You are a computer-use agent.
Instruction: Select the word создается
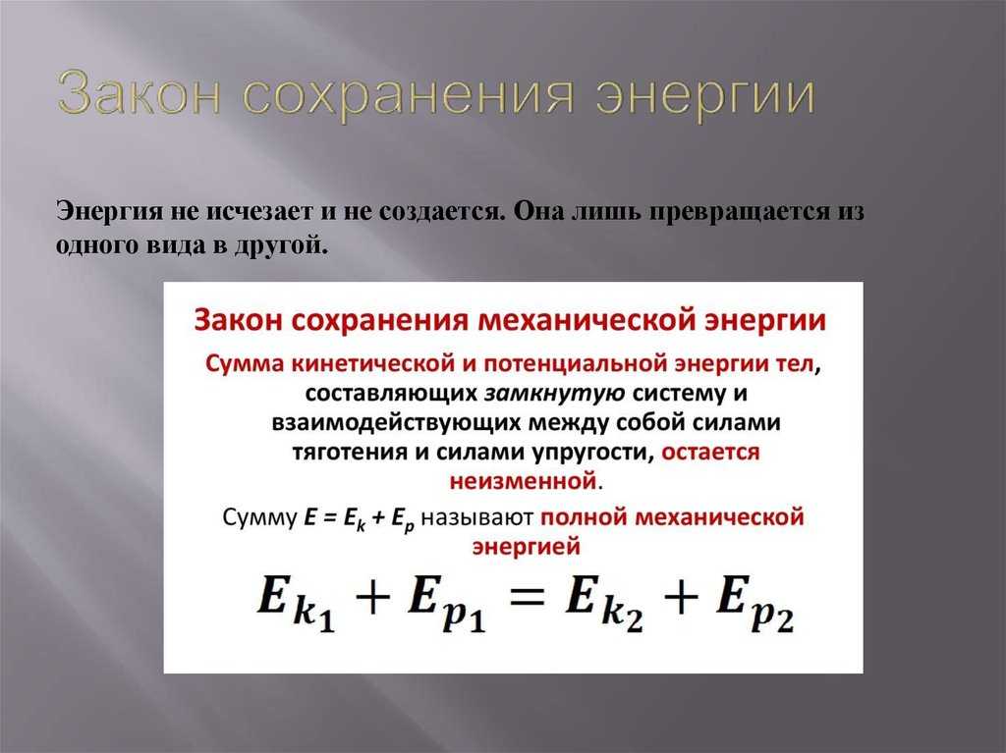click(439, 212)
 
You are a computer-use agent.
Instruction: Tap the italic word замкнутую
click(554, 393)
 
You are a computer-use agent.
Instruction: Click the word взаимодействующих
click(396, 423)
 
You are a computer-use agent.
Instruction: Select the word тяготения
click(350, 453)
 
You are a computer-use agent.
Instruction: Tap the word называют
click(476, 517)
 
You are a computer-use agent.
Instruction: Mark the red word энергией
click(527, 547)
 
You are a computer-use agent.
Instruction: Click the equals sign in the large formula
click(527, 600)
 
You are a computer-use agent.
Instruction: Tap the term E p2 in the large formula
click(754, 604)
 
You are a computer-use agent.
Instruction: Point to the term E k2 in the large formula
click(604, 603)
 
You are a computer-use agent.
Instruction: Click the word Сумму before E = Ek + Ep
click(259, 517)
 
